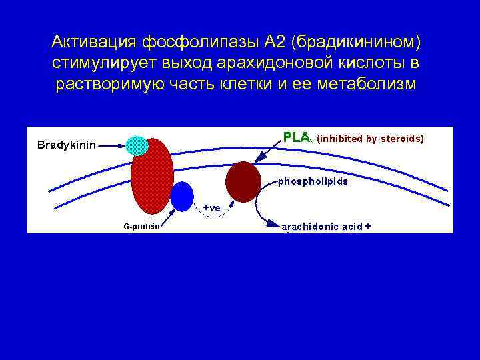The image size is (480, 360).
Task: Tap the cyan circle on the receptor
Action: [137, 145]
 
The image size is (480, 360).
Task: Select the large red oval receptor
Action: [152, 177]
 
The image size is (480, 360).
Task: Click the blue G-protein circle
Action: [181, 195]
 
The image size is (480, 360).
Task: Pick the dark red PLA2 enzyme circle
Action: [243, 182]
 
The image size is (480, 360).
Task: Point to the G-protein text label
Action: [141, 227]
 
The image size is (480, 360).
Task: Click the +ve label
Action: [211, 208]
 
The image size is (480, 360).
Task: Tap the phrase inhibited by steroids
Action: [370, 139]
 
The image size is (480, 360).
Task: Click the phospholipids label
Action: [313, 181]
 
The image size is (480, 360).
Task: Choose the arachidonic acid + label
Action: [327, 227]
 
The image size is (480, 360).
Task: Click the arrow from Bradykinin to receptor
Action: [112, 145]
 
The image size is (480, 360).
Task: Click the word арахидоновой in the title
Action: [261, 64]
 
